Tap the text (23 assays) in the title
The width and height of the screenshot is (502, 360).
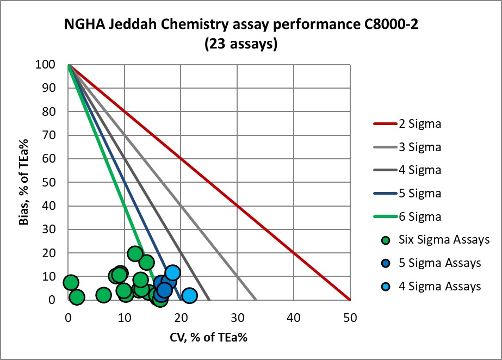(x=241, y=45)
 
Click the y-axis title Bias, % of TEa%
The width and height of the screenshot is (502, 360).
(x=25, y=182)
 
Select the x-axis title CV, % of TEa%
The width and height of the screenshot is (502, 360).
(x=209, y=337)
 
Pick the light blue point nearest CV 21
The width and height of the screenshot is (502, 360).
(x=189, y=295)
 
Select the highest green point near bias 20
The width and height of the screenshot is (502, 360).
(x=135, y=253)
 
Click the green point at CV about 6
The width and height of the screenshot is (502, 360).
(x=103, y=295)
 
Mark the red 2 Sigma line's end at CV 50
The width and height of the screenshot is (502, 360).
(x=350, y=300)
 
